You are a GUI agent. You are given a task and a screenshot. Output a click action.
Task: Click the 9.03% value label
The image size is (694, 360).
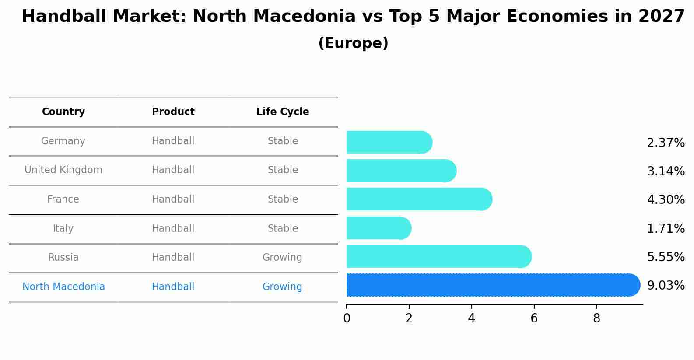[x=666, y=286]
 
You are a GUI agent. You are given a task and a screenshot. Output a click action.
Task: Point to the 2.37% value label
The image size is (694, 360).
[x=666, y=143]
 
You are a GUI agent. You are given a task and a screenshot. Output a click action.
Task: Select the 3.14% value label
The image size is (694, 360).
[x=666, y=171]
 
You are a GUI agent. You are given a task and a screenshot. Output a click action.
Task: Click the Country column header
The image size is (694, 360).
[x=63, y=112]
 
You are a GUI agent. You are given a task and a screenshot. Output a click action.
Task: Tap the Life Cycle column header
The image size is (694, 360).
[x=283, y=112]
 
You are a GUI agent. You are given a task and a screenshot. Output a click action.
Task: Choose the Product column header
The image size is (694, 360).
[x=173, y=112]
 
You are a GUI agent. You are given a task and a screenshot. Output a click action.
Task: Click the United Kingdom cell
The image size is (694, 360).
[x=63, y=170]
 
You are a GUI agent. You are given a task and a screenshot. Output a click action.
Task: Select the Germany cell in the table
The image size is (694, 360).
[x=63, y=141]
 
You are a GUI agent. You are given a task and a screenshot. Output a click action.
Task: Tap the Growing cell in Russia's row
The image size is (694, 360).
[x=282, y=258]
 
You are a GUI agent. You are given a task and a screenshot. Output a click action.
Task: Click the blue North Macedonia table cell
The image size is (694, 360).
[x=63, y=287]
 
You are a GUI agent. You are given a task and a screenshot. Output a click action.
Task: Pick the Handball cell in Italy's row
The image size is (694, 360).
[x=173, y=229]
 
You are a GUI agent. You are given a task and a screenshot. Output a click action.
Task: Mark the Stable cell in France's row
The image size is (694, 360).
[x=283, y=199]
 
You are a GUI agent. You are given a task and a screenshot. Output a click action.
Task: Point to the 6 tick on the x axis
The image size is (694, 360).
[x=534, y=318]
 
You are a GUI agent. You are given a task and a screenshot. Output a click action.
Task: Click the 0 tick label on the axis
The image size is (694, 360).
[x=347, y=318]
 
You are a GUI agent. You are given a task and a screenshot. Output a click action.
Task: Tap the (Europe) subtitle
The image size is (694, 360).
[x=353, y=43]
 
